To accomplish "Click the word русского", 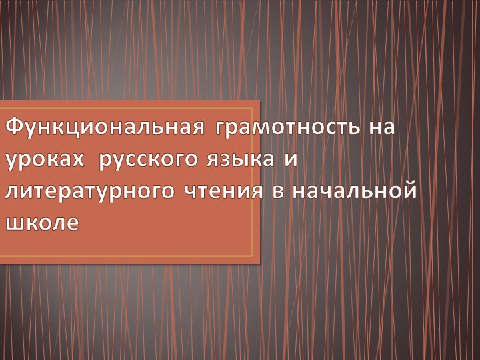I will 147,161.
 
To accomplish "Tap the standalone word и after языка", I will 289,159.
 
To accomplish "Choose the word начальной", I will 354,191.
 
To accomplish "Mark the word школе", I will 41,223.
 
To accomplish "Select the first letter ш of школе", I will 13,223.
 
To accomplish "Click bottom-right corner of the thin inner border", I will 253,255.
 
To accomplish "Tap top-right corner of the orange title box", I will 259,101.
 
